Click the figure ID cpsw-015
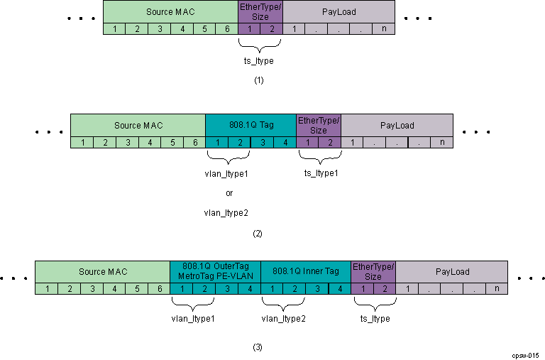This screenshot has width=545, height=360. tap(525, 354)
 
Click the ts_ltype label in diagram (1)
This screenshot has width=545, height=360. tap(259, 61)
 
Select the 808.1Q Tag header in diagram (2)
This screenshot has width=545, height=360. tap(251, 125)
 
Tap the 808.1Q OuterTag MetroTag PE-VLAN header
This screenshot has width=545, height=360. tap(215, 271)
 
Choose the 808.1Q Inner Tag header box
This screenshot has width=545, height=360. tap(306, 271)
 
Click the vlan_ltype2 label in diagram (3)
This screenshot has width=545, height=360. tap(284, 319)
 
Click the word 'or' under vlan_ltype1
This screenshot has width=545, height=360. tap(229, 192)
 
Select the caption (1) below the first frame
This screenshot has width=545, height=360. tap(259, 81)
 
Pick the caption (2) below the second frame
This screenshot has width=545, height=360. tap(258, 233)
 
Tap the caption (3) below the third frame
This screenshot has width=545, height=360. tap(258, 347)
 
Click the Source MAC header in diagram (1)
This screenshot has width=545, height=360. tap(170, 12)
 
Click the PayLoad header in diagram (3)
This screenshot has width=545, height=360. tap(452, 271)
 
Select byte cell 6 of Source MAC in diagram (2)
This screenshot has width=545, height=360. tap(194, 143)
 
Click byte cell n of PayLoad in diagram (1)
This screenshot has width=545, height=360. tap(383, 29)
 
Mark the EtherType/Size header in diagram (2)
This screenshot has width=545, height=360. tap(319, 125)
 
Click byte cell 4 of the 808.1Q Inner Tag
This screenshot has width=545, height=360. tap(340, 289)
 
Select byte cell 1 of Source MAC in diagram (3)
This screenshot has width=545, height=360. tap(46, 289)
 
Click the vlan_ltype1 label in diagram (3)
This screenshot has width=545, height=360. tap(193, 319)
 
